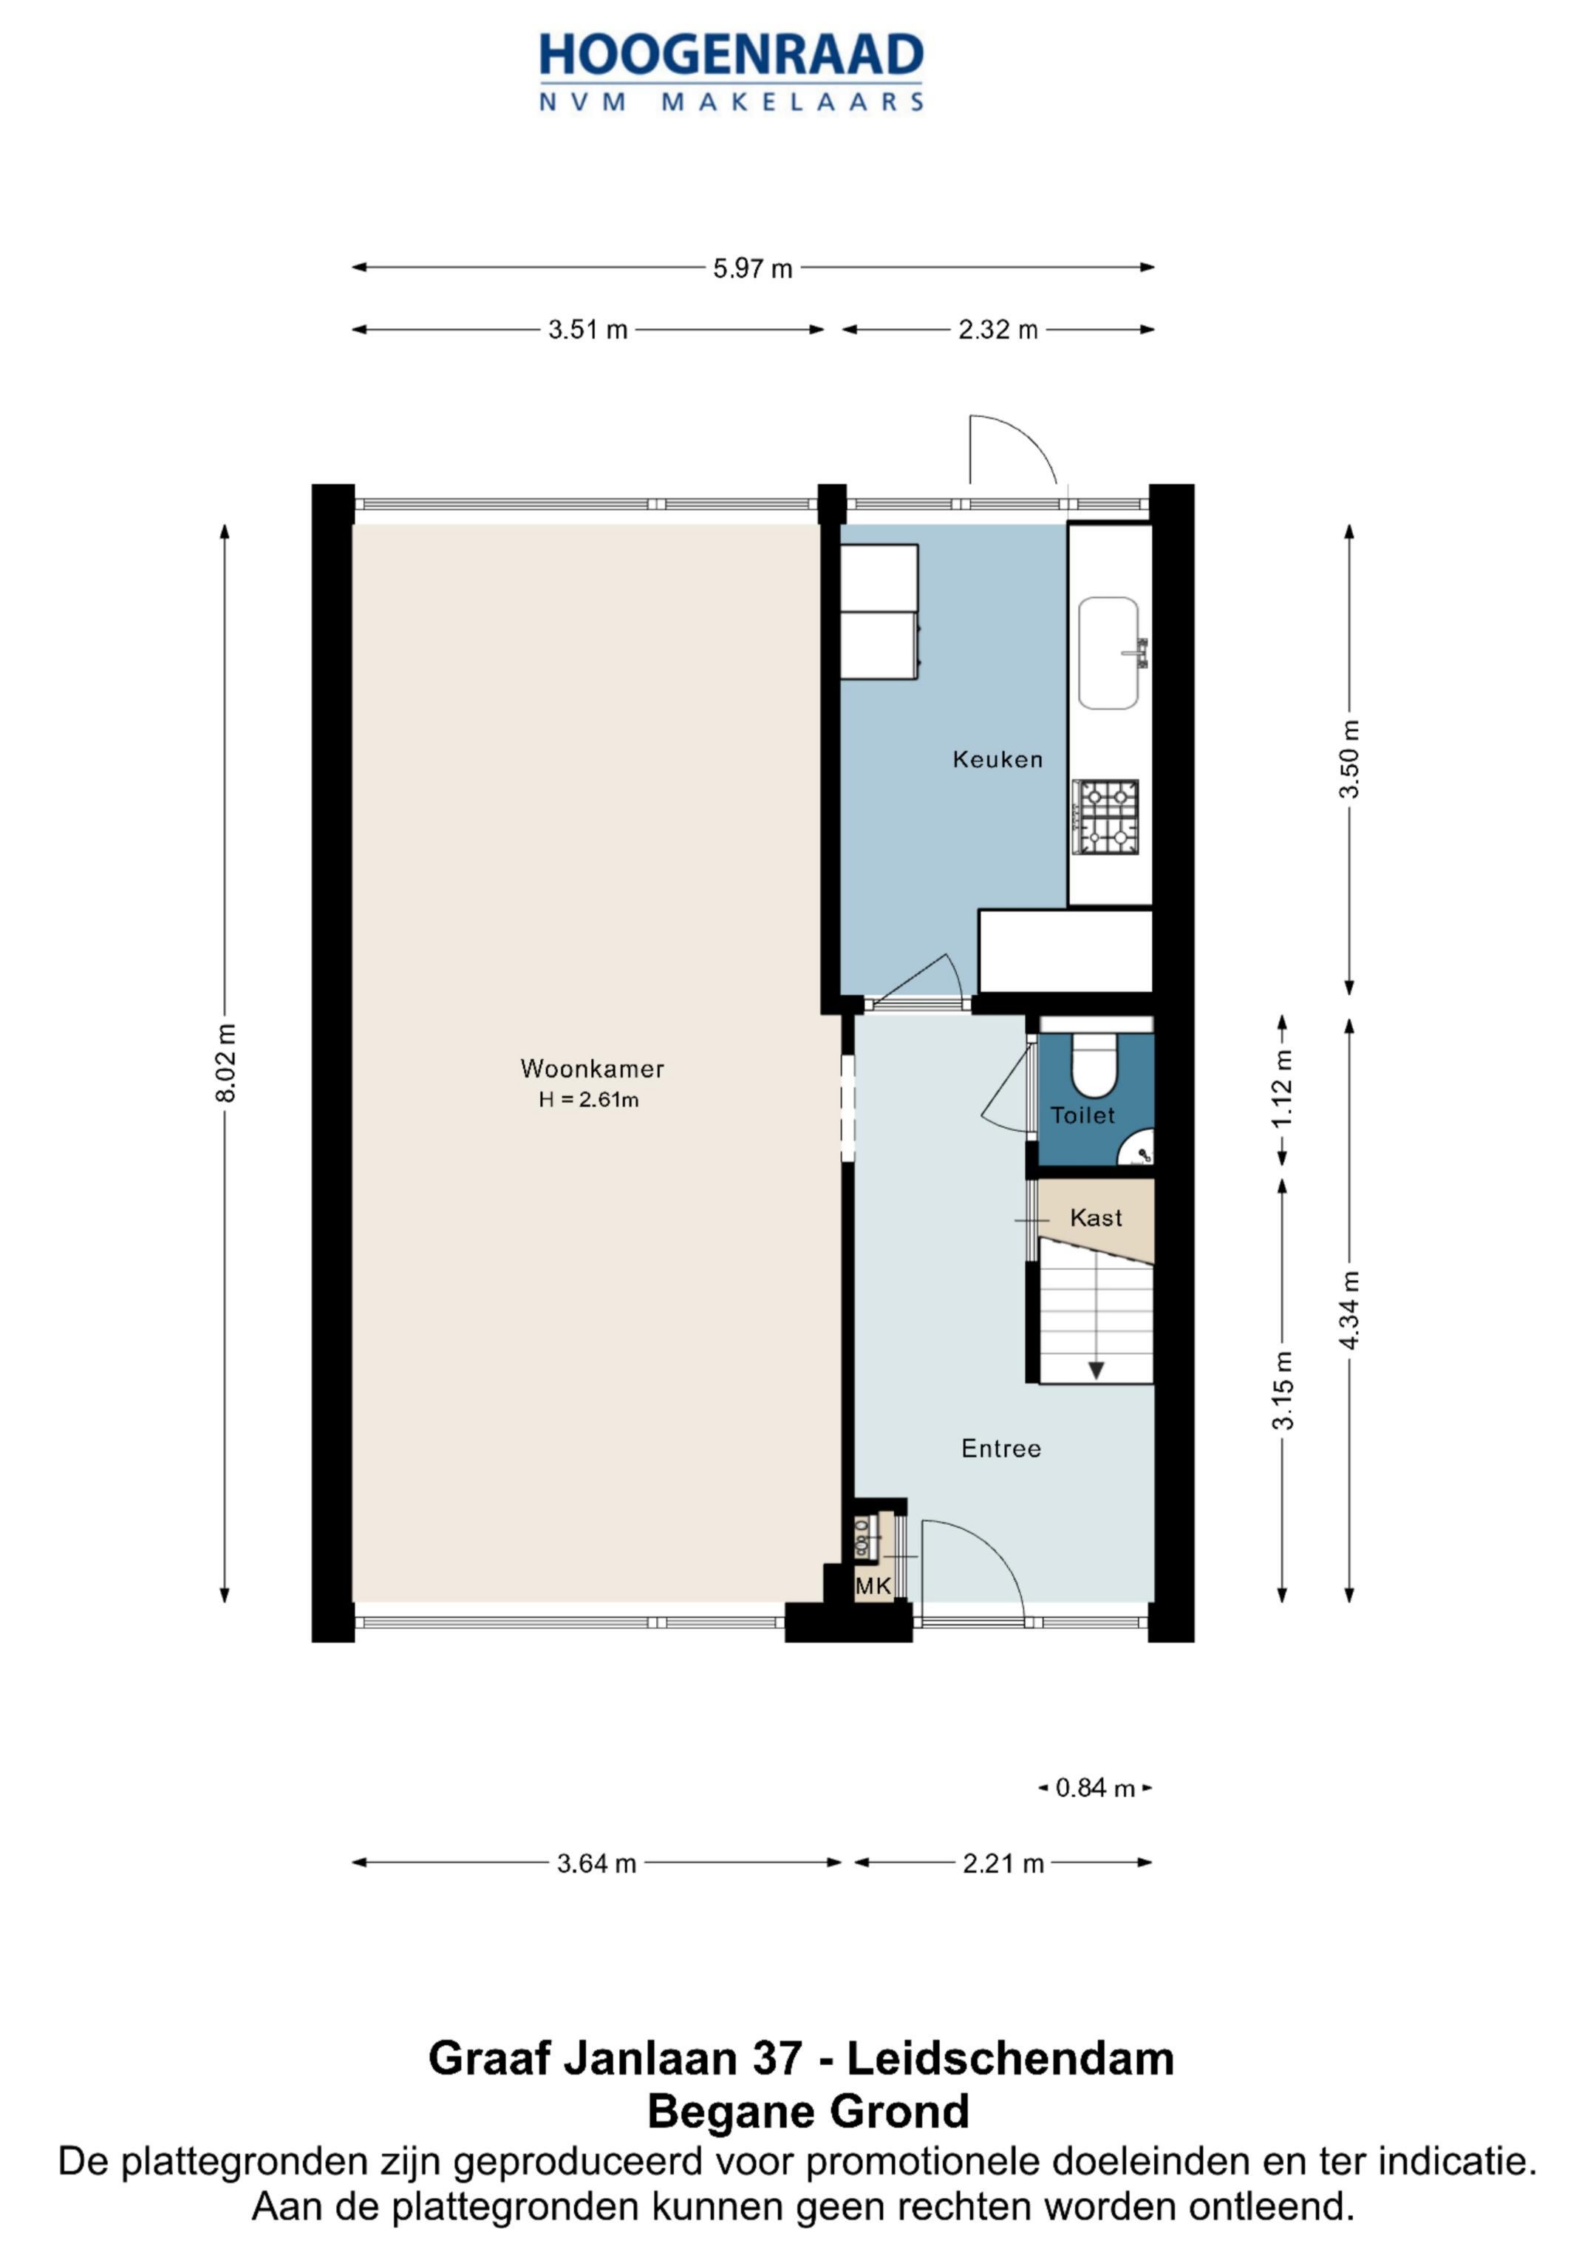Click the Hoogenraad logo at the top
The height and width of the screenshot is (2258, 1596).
731,72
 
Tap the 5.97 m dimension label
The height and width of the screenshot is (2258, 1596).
752,268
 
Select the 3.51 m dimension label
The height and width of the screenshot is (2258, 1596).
588,330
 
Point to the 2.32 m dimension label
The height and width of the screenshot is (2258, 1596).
998,330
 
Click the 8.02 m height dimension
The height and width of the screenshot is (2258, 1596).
226,1063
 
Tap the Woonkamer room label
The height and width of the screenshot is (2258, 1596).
592,1068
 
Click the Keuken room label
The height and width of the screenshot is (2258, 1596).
997,759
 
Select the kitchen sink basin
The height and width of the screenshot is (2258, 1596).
1108,653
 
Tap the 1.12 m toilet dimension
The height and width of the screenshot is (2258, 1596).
1283,1089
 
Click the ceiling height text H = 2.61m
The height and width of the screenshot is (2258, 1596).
588,1101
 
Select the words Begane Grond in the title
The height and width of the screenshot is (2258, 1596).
808,2112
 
